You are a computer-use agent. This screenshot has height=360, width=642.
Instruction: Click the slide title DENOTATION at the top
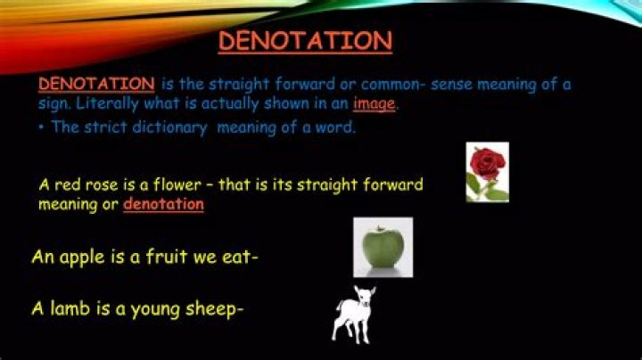pos(305,41)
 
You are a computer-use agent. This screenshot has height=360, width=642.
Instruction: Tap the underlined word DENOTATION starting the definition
pos(96,85)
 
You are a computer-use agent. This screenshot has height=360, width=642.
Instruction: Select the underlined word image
pos(374,103)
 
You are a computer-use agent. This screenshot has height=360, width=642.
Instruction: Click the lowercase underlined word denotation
pos(163,204)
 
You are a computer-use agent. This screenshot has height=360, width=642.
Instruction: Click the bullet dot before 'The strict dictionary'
pos(42,127)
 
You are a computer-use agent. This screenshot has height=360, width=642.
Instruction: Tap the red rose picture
pos(487,171)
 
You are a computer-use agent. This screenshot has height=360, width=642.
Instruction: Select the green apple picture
pos(383,246)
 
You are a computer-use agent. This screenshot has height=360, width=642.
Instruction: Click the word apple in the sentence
pos(82,258)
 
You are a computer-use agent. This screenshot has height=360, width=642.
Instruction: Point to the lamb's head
pos(361,294)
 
